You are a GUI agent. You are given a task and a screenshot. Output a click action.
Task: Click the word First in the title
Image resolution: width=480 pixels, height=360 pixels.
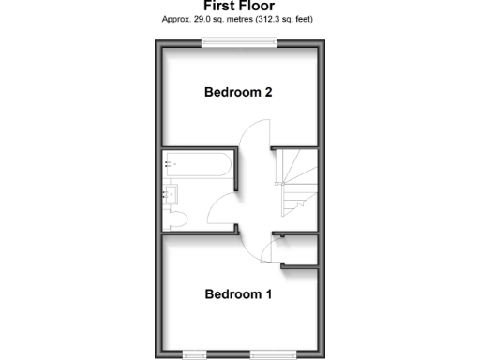point(220,6)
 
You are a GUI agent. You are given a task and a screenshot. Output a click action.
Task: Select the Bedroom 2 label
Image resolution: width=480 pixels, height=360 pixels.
point(238,92)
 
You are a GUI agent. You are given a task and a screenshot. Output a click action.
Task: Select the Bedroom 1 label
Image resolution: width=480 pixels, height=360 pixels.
point(238,294)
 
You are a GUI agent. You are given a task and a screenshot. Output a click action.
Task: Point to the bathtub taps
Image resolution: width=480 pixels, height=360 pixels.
point(169,164)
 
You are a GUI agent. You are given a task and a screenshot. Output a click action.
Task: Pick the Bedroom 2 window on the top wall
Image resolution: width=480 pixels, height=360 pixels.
point(239,39)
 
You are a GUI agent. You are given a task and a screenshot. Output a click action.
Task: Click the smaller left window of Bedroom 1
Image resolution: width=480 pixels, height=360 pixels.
point(195,353)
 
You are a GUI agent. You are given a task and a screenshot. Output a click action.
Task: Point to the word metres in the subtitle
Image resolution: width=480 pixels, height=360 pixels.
point(234,18)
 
